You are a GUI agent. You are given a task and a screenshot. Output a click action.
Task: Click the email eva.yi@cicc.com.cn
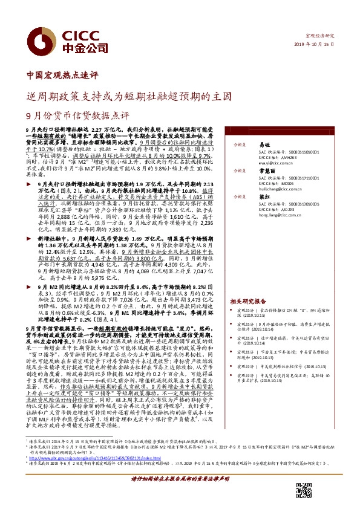(275, 163)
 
